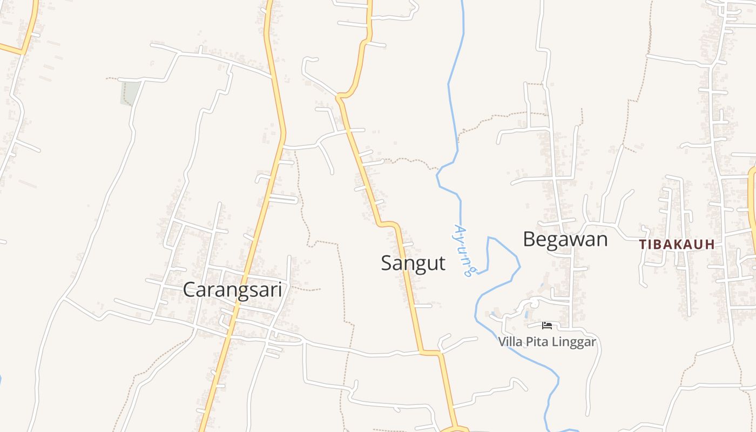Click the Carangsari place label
click(x=232, y=290)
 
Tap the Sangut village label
click(x=413, y=264)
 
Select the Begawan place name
click(x=565, y=239)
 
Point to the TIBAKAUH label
click(x=677, y=245)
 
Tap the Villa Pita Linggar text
click(x=546, y=342)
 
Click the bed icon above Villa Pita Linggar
click(x=547, y=325)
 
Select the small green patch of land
click(x=130, y=93)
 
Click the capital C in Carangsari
click(x=190, y=290)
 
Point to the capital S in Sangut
click(x=387, y=264)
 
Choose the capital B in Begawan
click(x=529, y=239)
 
